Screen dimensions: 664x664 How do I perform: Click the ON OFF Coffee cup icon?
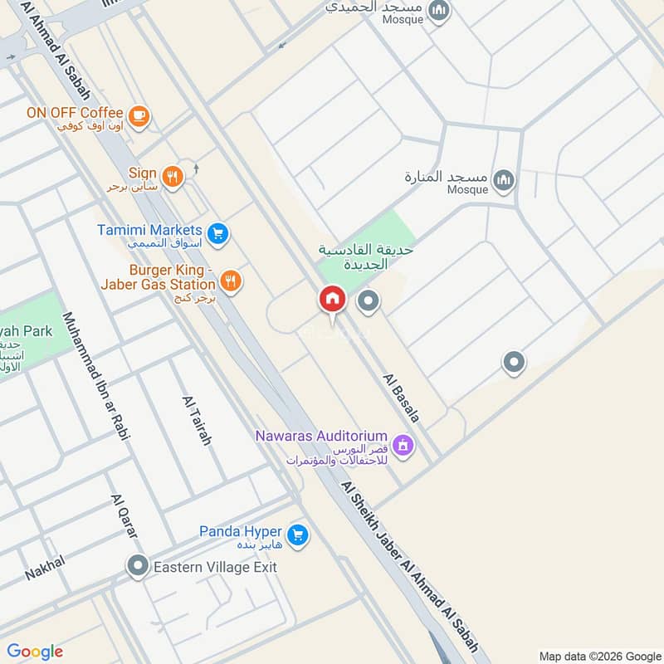pos(139,117)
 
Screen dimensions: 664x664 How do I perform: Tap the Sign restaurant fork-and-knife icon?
pos(173,176)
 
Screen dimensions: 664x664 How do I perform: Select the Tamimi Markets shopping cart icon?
pos(217,234)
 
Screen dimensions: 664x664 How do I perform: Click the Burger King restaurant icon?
pos(231,281)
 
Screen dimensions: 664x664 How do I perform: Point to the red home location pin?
pos(333,299)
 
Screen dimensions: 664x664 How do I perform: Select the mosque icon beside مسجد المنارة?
pos(503,179)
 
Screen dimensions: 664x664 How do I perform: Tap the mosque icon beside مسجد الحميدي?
pos(441,11)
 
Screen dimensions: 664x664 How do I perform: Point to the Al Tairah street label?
pos(196,420)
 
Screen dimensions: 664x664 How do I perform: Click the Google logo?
pos(36,652)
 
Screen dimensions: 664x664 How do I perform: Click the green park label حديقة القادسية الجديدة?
pos(366,256)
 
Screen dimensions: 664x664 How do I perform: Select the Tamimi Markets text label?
pos(149,230)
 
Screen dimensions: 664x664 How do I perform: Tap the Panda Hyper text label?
pos(240,531)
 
